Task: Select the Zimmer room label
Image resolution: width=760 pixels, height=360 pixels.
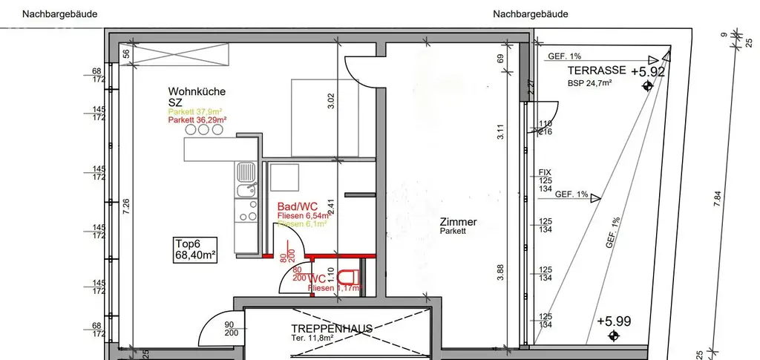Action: point(458,222)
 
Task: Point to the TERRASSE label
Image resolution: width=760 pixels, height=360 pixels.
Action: point(595,71)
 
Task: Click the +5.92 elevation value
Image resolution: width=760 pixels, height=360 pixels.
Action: point(647,73)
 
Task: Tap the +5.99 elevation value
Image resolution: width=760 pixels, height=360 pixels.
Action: point(613,321)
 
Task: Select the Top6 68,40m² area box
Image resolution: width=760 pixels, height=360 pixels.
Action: point(194,249)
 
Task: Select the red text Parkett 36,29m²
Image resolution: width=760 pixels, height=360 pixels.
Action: point(197,120)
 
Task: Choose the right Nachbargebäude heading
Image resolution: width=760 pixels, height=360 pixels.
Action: point(532,13)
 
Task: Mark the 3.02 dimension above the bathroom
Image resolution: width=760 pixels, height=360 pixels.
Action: point(331,100)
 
